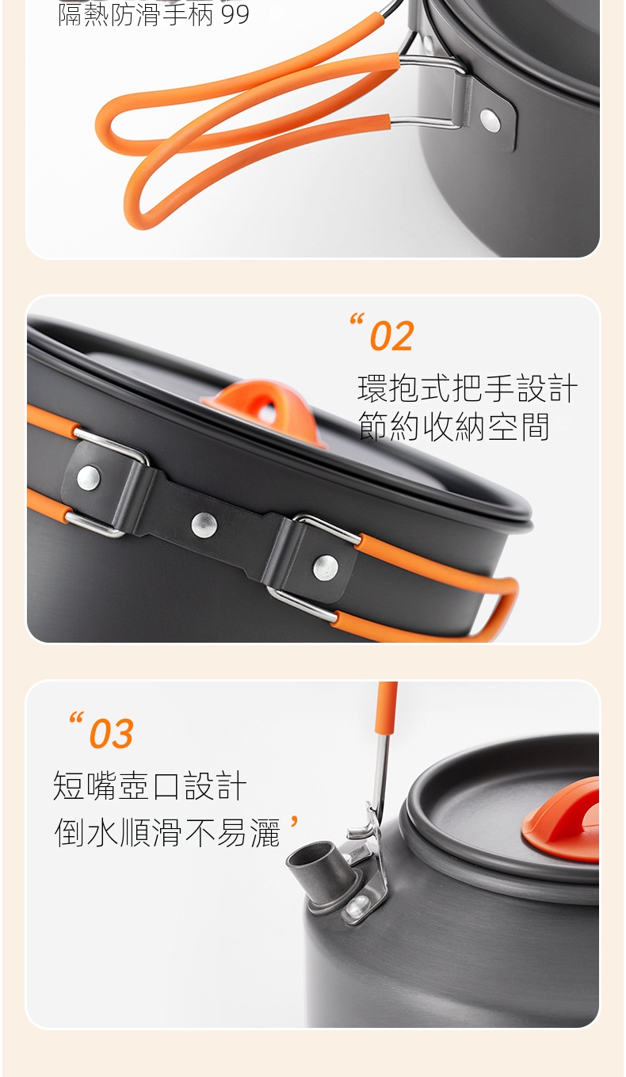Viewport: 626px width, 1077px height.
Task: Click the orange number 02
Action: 391,336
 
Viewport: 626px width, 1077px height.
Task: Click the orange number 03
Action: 111,733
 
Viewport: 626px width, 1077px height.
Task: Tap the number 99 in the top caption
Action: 235,14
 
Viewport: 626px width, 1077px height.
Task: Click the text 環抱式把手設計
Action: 468,388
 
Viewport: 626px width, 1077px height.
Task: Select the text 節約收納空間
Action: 453,426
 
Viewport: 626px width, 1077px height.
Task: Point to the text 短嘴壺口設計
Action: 150,785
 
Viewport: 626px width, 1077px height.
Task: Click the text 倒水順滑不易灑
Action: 167,832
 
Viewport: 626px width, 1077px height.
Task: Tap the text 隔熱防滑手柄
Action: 135,14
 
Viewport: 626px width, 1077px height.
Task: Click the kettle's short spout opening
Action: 309,854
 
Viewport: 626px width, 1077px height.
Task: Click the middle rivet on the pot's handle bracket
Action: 204,525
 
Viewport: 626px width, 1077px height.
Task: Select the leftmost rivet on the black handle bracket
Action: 89,478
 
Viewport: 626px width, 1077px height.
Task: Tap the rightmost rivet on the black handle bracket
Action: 326,567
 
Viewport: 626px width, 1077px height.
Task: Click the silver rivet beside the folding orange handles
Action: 490,120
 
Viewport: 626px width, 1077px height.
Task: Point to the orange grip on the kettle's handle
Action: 387,707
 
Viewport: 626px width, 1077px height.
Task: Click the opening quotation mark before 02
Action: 357,319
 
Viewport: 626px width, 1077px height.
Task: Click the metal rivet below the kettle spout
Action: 357,907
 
